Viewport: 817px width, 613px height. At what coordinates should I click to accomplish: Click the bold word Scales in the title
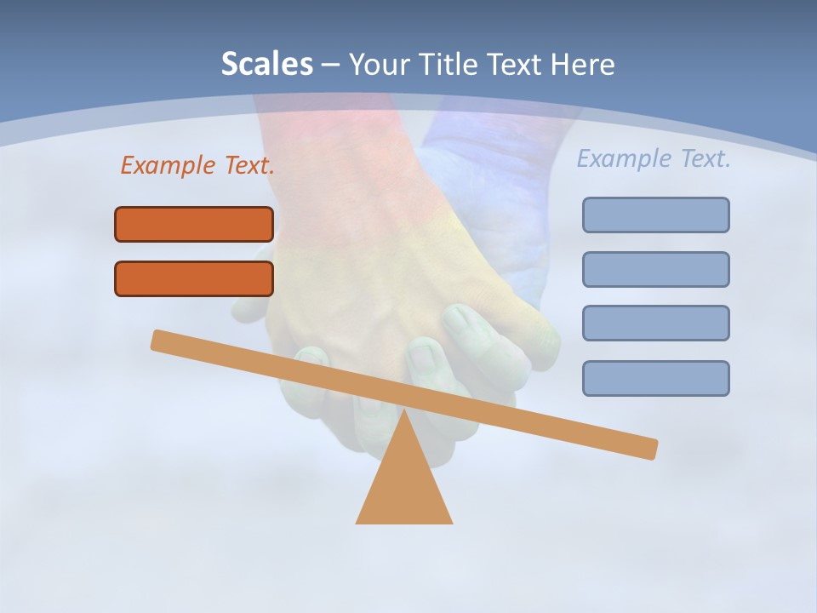pos(266,64)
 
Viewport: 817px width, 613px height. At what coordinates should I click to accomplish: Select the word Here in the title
pos(583,64)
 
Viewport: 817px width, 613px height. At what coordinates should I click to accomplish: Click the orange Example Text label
pos(197,165)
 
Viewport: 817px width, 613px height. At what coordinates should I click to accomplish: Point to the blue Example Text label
pos(654,158)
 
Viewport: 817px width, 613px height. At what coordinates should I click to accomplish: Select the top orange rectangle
pos(194,224)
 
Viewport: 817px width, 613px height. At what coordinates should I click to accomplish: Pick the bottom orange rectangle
pos(194,278)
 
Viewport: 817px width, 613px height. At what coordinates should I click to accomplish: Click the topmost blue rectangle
pos(656,215)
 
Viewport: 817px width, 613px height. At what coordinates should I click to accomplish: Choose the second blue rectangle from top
pos(656,269)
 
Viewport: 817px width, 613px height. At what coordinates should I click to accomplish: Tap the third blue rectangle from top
pos(656,323)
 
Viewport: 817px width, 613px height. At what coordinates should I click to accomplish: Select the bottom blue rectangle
pos(656,378)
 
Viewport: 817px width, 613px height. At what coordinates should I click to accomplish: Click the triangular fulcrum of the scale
pos(404,485)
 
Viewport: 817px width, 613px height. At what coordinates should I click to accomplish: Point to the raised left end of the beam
pos(157,339)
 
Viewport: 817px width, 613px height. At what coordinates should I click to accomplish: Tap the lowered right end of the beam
pos(651,449)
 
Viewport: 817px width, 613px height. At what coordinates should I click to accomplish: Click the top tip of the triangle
pos(404,411)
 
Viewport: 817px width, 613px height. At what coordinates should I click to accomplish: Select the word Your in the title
pos(379,64)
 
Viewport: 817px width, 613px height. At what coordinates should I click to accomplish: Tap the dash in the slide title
pos(331,65)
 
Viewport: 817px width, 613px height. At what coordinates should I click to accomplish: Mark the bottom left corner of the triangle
pos(357,522)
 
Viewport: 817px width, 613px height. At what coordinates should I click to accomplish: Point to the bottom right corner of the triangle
pos(451,522)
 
